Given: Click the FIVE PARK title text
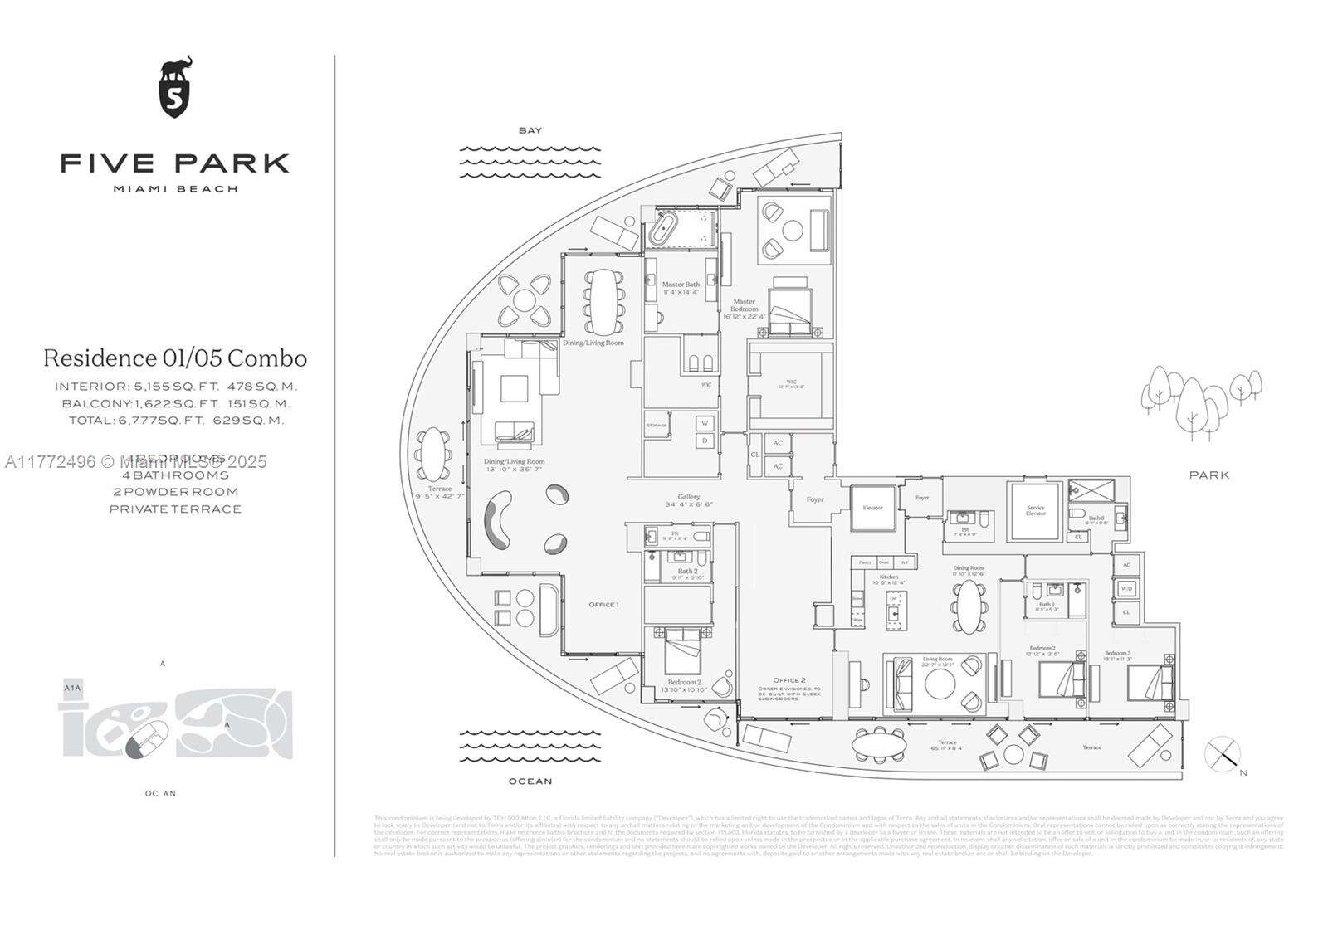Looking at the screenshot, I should click(x=174, y=163).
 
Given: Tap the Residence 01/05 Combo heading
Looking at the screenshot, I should click(x=175, y=358).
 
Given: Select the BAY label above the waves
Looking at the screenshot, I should click(x=530, y=130).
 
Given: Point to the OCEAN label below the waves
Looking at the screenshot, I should click(x=530, y=781).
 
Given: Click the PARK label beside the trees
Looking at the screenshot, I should click(x=1208, y=475).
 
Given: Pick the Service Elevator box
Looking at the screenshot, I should click(x=1035, y=509).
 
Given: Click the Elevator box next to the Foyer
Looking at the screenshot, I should click(x=872, y=508).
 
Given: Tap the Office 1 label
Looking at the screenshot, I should click(x=603, y=604).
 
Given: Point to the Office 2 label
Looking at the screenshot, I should click(x=789, y=680).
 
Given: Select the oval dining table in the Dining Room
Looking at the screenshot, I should click(x=969, y=606).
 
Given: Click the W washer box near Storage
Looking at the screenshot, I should click(x=705, y=423).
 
